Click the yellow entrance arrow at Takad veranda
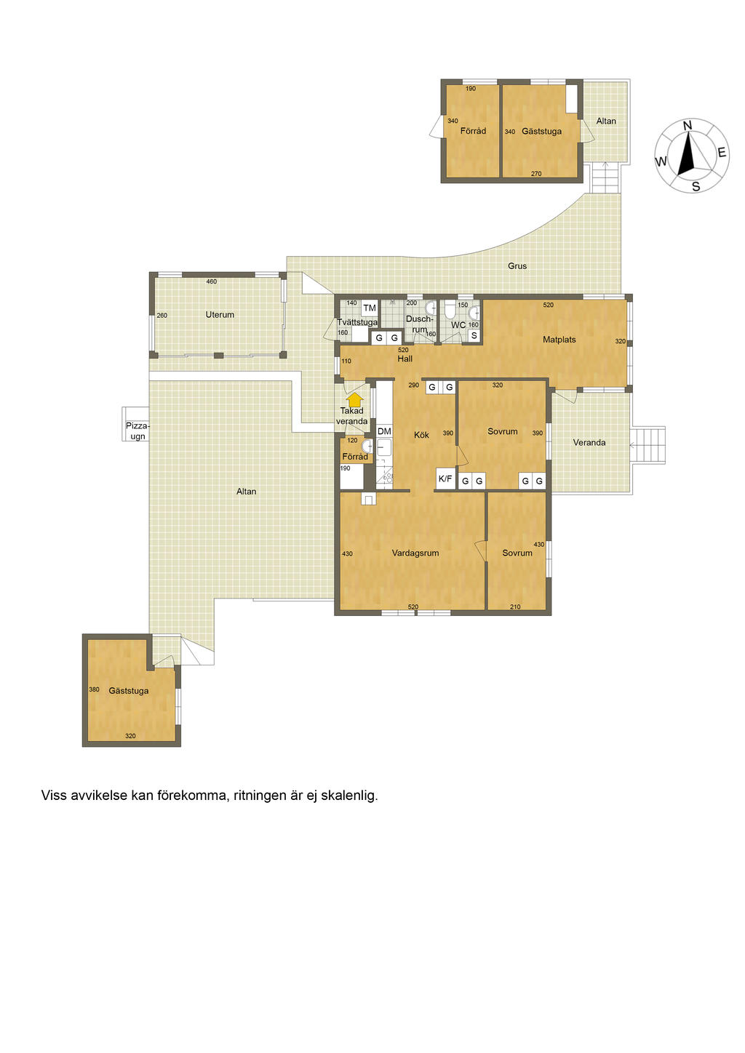(357, 400)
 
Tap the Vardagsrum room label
(415, 553)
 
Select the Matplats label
(559, 340)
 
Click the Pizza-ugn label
(138, 431)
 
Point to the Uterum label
(220, 314)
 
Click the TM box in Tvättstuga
(370, 308)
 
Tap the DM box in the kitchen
(384, 431)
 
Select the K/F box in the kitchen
(445, 479)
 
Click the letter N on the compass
(687, 126)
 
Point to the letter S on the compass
(696, 187)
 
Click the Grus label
(517, 265)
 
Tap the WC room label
(458, 325)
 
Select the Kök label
(421, 435)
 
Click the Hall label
(405, 359)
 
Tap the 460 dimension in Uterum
(212, 281)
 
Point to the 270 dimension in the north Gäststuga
(536, 174)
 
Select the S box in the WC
(474, 336)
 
